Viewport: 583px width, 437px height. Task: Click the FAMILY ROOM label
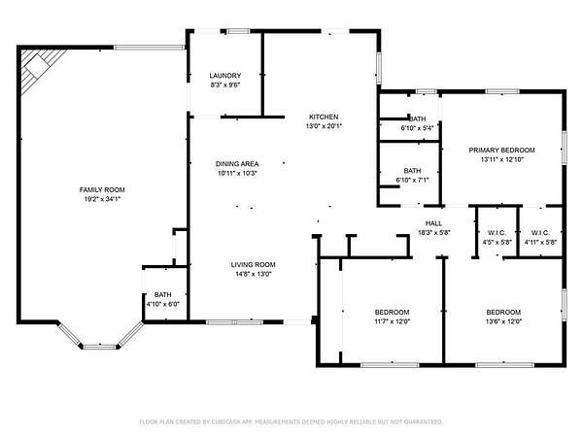(x=102, y=190)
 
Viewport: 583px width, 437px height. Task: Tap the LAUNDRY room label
(x=225, y=76)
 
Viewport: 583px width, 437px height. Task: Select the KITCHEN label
(x=324, y=117)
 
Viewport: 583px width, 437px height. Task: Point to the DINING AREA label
(x=237, y=164)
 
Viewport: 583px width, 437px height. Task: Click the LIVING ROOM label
(x=254, y=265)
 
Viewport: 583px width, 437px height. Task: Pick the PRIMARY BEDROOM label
(x=501, y=151)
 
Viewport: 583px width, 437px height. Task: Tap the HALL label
(x=433, y=223)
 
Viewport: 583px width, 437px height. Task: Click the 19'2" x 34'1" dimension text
(x=102, y=199)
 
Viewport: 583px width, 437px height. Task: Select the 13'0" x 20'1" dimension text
(x=324, y=126)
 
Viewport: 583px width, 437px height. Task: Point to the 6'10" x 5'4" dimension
(x=417, y=128)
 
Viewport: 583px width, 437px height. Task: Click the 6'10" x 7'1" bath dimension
(x=412, y=181)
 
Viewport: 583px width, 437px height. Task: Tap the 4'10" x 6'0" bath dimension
(x=163, y=304)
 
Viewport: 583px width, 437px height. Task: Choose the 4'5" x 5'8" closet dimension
(x=497, y=242)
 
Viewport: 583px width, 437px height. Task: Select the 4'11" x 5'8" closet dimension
(x=540, y=242)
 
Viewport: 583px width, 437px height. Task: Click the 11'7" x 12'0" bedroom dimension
(x=392, y=321)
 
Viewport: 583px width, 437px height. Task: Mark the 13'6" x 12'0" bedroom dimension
(x=503, y=321)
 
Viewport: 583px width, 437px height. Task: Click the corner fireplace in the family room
(x=37, y=66)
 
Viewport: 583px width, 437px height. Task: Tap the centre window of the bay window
(x=99, y=347)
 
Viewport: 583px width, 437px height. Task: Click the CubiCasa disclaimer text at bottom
(x=291, y=421)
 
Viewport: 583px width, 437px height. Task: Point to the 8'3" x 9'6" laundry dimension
(x=225, y=84)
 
